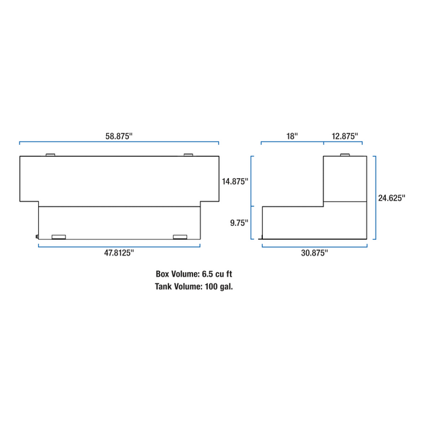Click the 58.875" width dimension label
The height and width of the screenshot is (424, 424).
tap(119, 136)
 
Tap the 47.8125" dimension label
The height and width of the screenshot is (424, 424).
tap(119, 253)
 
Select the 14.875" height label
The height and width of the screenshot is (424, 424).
tap(235, 181)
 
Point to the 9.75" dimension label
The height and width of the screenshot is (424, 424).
tap(239, 223)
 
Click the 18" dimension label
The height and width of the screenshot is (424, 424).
tap(292, 136)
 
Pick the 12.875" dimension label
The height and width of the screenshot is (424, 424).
tap(345, 136)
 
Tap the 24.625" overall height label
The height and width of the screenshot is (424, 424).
tap(391, 198)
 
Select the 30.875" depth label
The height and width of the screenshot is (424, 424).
tap(314, 253)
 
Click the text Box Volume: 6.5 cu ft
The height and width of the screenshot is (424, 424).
tap(194, 274)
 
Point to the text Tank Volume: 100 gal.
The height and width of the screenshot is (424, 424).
tap(194, 287)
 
